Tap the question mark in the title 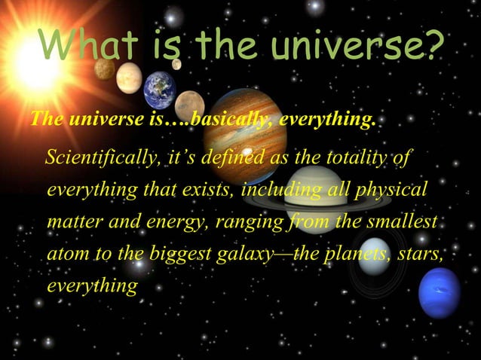tap(427, 46)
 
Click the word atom tap(66, 255)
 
